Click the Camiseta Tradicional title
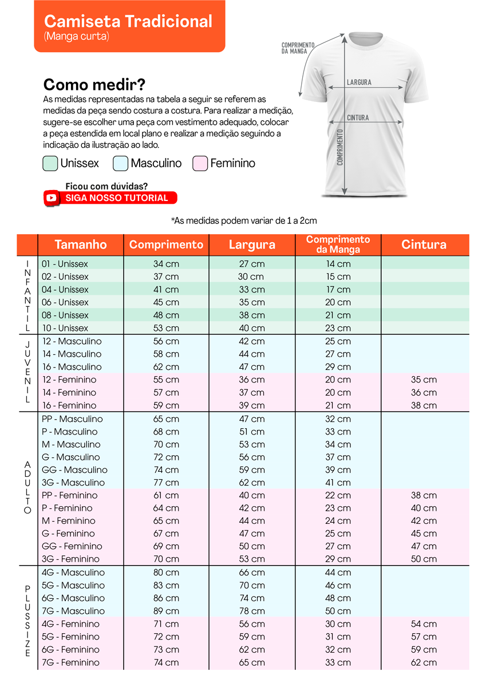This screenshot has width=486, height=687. coord(128,22)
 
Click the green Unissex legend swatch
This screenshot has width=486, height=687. coord(50,163)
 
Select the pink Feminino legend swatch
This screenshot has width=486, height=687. coord(200,163)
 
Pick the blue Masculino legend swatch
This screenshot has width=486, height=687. coord(121,163)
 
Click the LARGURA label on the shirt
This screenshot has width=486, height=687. coord(359,82)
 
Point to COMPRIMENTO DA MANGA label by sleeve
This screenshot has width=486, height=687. coord(298,48)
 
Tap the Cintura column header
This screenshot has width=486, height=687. coord(424,244)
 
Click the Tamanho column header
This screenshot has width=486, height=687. coord(81,244)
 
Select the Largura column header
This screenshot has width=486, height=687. coord(252,244)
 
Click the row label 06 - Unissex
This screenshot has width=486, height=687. coord(65,302)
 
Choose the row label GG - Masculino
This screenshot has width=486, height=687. coord(74,470)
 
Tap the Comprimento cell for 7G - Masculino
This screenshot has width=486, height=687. coord(166,611)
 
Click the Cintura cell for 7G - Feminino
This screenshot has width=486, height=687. coord(424,662)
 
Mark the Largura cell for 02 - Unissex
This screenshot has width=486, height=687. coord(252,277)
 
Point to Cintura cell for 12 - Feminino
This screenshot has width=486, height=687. coord(424,380)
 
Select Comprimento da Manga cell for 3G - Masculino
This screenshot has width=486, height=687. coord(338,483)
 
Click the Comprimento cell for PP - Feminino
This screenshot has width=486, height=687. coord(166,495)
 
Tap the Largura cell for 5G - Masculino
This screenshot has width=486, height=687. coord(252,586)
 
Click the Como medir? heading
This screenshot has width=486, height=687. coord(94,85)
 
